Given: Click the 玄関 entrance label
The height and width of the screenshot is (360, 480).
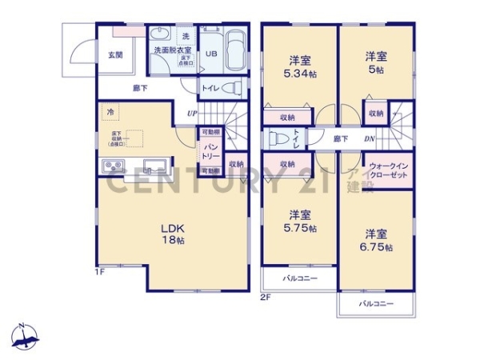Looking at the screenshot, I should point(115,55).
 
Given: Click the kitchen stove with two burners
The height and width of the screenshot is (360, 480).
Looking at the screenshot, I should point(112,167).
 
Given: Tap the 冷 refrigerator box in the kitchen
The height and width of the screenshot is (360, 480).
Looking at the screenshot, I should point(109,113).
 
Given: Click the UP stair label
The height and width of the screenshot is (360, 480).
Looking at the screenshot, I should point(192,114).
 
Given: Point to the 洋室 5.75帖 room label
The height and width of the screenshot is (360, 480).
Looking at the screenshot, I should point(300,221).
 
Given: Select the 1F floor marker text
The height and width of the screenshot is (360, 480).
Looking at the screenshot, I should point(101,273).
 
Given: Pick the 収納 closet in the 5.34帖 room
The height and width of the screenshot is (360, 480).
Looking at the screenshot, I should point(288,117).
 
